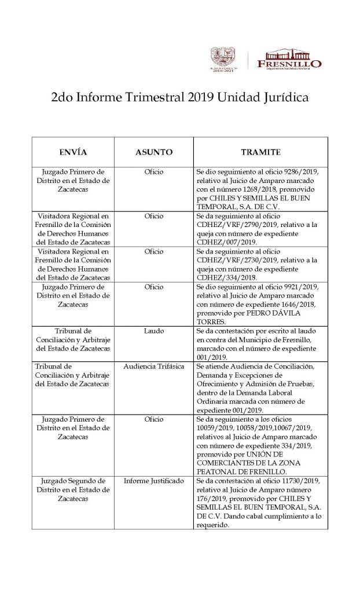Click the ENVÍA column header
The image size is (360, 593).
click(x=73, y=152)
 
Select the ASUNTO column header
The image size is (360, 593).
click(x=154, y=152)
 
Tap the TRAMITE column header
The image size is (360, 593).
click(x=260, y=152)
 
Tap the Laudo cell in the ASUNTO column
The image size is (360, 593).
click(x=154, y=331)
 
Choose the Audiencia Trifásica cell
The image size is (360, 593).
click(x=154, y=367)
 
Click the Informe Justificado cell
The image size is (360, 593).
click(x=154, y=481)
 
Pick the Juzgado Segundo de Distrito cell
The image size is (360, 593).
click(x=73, y=489)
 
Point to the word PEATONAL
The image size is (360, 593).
click(x=217, y=471)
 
